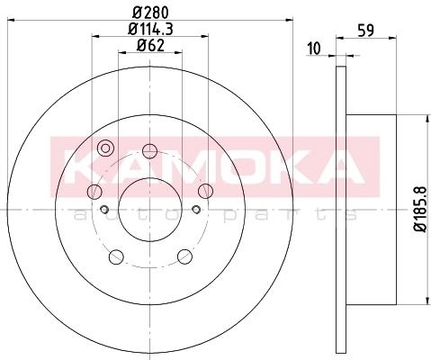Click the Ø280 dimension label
[151, 13]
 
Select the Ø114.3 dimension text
[151, 29]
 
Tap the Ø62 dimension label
[150, 46]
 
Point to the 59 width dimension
[366, 31]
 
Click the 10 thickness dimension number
[314, 49]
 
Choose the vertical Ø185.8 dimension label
[420, 209]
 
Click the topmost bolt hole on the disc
[149, 151]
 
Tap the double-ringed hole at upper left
[105, 148]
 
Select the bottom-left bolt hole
[116, 256]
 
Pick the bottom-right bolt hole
[184, 256]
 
